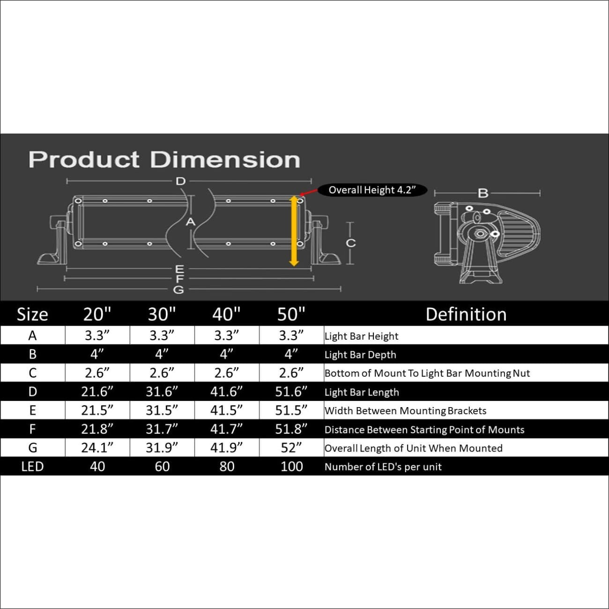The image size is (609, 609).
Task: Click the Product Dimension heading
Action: pos(164,160)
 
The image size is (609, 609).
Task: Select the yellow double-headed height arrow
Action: pos(294,231)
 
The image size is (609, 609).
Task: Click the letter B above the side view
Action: pos(483,193)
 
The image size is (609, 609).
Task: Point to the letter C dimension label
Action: pos(351,243)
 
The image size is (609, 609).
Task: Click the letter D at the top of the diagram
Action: pos(181,181)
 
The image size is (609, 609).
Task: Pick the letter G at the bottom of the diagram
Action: pos(178,290)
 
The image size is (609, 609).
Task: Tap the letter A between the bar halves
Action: pos(190,222)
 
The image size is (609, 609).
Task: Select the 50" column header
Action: pos(291,314)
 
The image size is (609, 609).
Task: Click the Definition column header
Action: pos(466,314)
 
